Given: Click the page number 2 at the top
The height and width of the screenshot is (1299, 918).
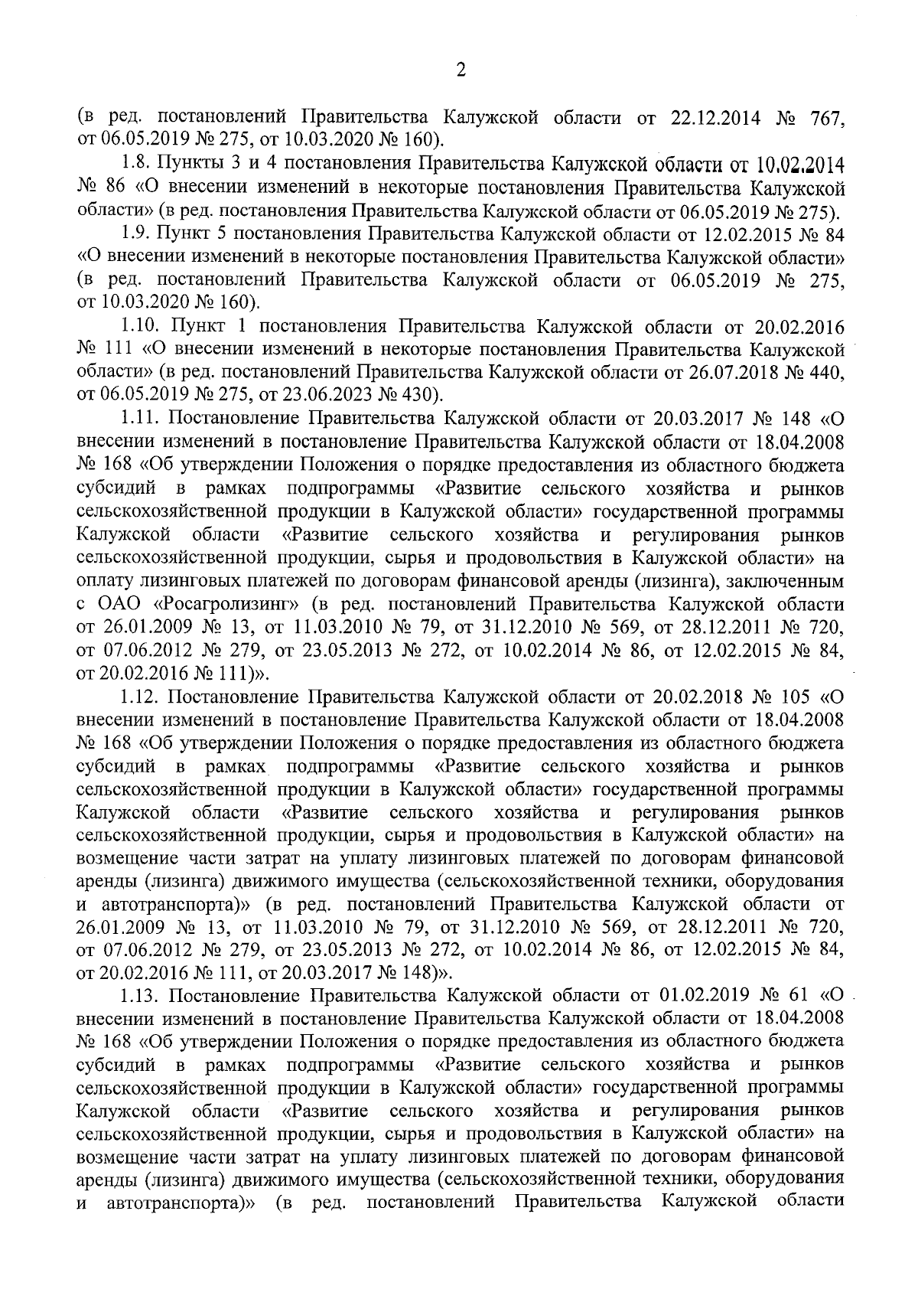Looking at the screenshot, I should tap(460, 71).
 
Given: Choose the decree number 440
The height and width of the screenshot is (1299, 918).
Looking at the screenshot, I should tap(828, 373).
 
